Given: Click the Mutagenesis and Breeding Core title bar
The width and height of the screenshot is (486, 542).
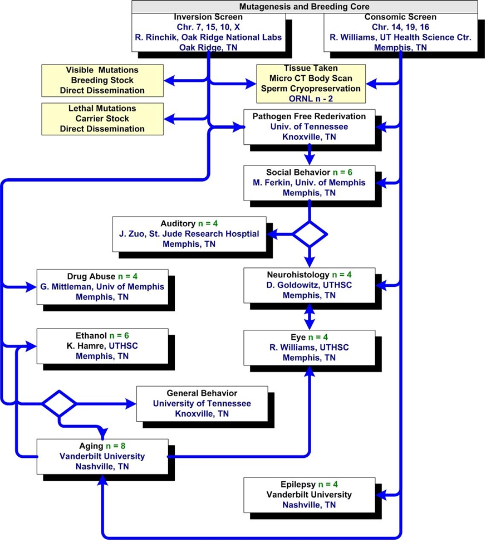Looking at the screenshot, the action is click(305, 7).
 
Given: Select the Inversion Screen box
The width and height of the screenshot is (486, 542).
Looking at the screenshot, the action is click(208, 32).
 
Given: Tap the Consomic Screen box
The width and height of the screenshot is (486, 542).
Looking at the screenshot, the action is click(401, 32).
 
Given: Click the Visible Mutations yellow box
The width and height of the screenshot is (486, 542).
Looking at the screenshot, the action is click(102, 80).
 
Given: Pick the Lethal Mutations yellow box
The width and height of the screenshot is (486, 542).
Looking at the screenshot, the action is click(102, 119).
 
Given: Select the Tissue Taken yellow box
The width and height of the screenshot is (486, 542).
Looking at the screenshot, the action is click(311, 84).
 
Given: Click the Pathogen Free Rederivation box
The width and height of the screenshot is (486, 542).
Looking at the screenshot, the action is click(309, 127).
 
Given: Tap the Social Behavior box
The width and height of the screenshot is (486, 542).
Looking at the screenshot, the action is click(309, 183).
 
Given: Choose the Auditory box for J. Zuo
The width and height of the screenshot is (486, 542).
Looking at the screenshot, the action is click(189, 234).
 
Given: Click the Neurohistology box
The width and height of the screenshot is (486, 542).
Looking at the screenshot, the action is click(309, 286).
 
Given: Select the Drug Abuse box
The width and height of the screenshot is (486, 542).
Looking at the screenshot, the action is click(102, 287).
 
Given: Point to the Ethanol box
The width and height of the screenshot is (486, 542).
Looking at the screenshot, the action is click(102, 346).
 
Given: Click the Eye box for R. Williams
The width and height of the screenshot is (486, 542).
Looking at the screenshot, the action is click(309, 348).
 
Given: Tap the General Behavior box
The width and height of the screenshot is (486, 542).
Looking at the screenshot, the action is click(202, 404).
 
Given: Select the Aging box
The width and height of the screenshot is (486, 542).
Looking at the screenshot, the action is click(102, 457).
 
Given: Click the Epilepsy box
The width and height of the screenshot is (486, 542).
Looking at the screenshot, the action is click(309, 495).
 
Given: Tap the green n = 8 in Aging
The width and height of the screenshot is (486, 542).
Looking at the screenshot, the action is click(116, 446).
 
